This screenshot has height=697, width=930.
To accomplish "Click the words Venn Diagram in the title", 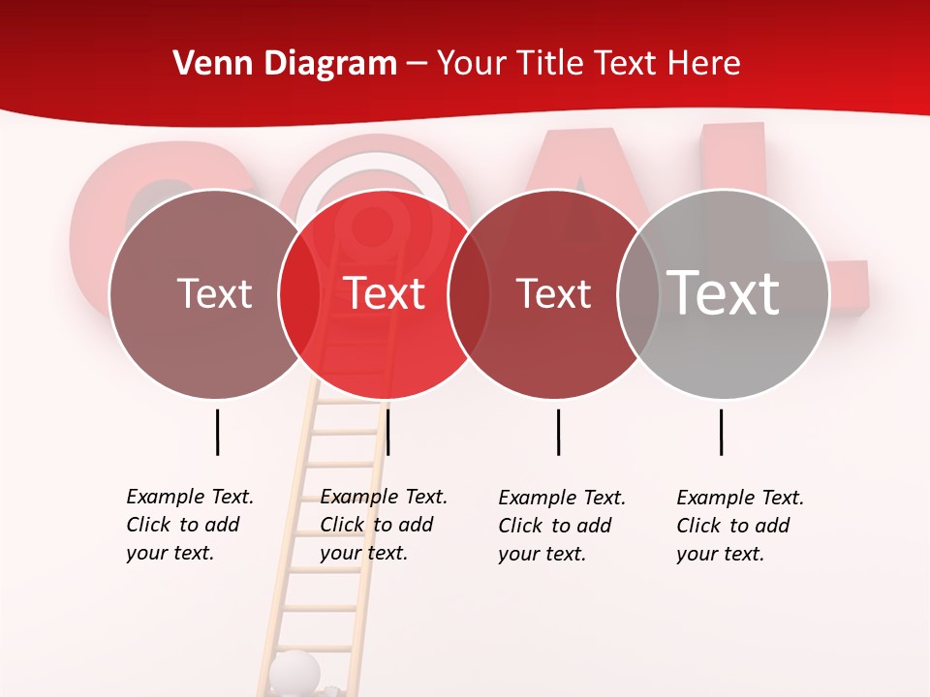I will point(285,64).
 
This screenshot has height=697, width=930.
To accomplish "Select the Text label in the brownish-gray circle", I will point(214,293).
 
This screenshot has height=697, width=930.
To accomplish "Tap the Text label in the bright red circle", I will point(384,293).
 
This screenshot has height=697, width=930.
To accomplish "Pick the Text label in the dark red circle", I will point(553,293).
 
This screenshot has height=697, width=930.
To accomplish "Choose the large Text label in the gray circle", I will point(724,292).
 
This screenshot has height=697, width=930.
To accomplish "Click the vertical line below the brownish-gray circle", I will point(218,432).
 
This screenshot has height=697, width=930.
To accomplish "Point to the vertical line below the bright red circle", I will point(387,432).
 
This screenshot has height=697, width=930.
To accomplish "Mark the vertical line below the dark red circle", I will point(558,432).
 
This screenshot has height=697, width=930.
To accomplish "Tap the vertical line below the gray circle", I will point(721,432).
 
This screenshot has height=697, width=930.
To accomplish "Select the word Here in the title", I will point(704,64).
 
